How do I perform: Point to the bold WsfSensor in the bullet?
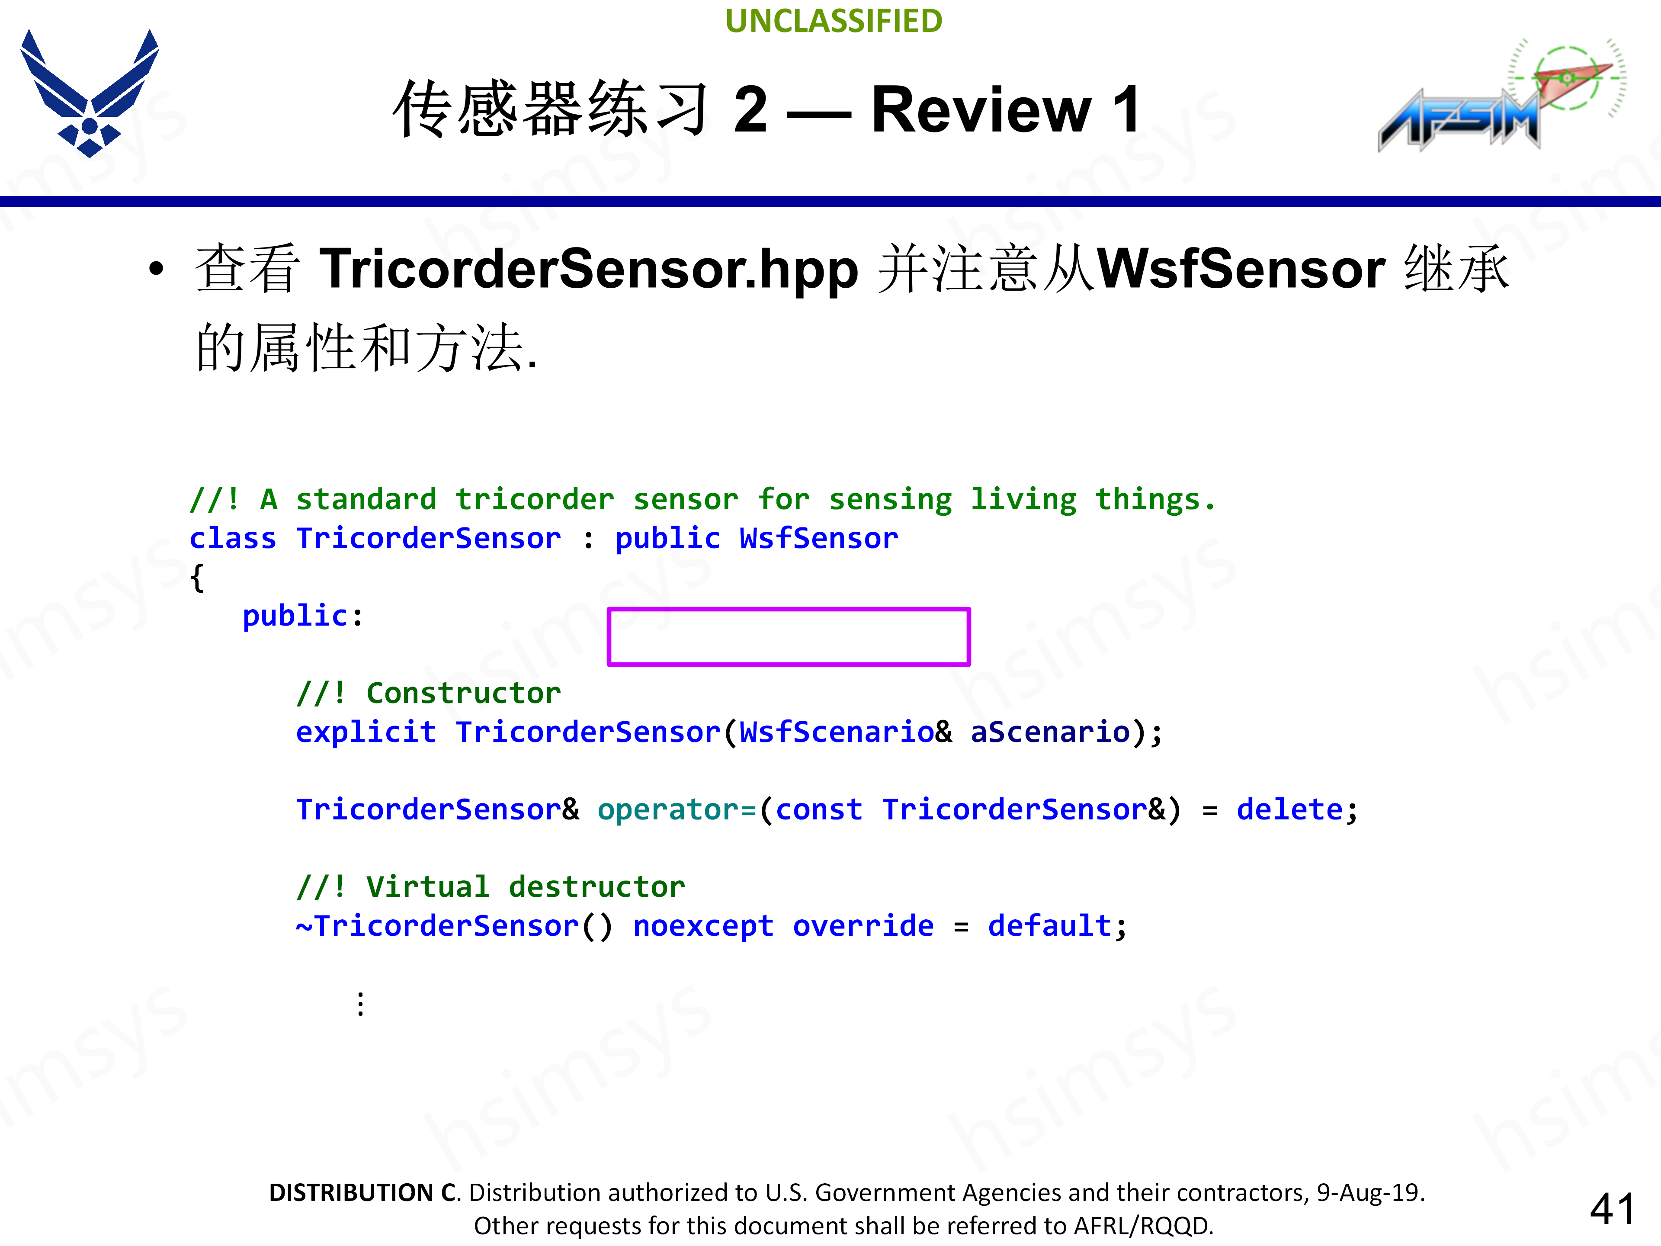pos(1241,269)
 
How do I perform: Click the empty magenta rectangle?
pos(789,636)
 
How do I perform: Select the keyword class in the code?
pos(233,539)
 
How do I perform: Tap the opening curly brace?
pos(197,578)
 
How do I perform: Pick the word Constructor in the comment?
pos(463,693)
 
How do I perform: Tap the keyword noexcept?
pos(703,926)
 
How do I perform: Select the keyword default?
pos(1049,926)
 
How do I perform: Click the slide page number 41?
pos(1612,1209)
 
